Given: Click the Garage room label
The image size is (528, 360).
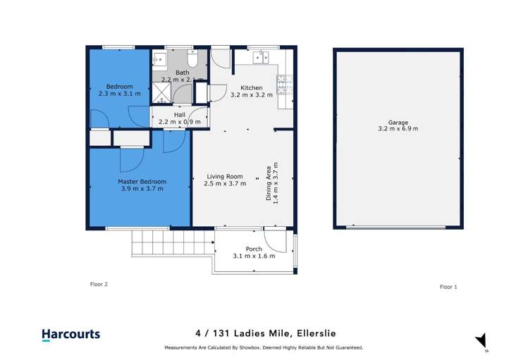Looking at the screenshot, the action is pyautogui.click(x=398, y=123).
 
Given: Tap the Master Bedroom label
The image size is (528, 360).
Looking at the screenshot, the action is pyautogui.click(x=142, y=182).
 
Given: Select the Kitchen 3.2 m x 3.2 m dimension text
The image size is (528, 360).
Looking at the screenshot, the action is pyautogui.click(x=252, y=95).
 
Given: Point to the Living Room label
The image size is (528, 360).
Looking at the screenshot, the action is pyautogui.click(x=225, y=176).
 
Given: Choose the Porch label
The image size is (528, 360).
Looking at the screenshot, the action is pyautogui.click(x=254, y=249).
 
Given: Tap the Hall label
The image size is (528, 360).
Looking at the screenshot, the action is pyautogui.click(x=180, y=115).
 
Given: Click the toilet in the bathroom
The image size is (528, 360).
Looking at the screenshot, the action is pyautogui.click(x=192, y=58).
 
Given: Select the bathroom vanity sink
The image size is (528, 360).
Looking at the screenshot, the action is pyautogui.click(x=159, y=59).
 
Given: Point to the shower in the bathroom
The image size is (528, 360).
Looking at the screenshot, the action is pyautogui.click(x=161, y=92).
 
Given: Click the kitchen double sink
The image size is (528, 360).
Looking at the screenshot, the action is pyautogui.click(x=261, y=57).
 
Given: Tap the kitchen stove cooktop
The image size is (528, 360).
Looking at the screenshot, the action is pyautogui.click(x=285, y=84).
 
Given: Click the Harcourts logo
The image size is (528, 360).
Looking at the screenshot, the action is pyautogui.click(x=71, y=335).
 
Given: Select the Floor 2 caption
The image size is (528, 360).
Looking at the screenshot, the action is pyautogui.click(x=99, y=285).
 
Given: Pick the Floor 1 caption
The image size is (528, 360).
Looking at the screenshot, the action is pyautogui.click(x=448, y=287).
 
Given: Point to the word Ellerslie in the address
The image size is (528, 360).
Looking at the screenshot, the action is pyautogui.click(x=316, y=333).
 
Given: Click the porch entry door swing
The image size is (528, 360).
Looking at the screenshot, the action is pyautogui.click(x=275, y=240).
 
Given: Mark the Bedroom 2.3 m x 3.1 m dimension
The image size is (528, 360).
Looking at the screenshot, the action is pyautogui.click(x=120, y=94).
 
